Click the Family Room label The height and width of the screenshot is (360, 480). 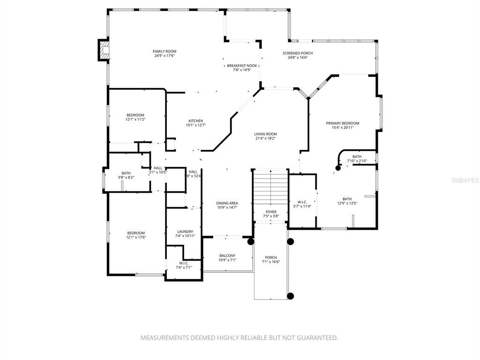tap(165, 52)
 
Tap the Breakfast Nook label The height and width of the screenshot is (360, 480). tap(239, 66)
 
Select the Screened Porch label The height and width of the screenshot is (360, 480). tap(298, 53)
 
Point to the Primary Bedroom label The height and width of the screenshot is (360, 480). tap(343, 123)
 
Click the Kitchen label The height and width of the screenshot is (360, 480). tap(195, 120)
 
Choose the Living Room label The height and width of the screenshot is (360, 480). tap(265, 134)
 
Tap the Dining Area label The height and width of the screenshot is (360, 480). tap(227, 203)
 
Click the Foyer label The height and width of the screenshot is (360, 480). tap(270, 212)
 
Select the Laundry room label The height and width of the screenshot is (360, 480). tap(185, 232)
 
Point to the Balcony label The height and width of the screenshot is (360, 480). tap(227, 255)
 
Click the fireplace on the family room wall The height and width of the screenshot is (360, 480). tap(104, 50)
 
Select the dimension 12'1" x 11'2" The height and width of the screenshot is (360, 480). tap(135, 120)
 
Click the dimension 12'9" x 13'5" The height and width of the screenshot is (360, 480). tap(347, 203)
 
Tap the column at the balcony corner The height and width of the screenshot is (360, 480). tap(251, 242)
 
